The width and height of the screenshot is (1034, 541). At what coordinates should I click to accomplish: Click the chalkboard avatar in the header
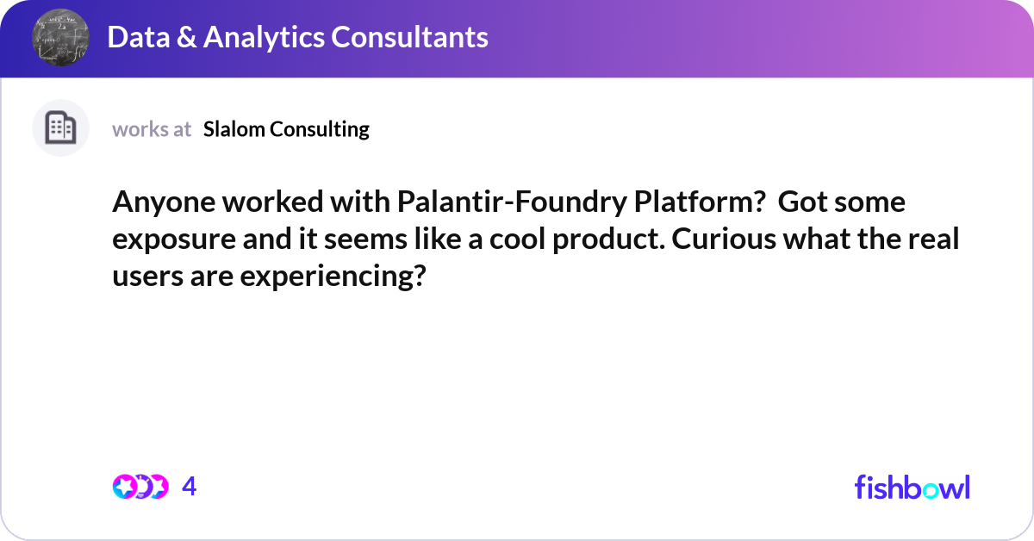[60, 37]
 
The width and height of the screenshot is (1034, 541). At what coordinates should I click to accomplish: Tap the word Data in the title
[139, 37]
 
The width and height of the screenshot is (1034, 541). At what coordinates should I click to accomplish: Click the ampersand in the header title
[186, 37]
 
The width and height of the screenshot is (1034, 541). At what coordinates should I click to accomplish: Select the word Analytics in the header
[264, 38]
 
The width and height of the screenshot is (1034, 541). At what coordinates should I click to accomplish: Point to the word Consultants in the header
[409, 37]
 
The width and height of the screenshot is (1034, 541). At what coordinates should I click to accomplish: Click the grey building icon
[60, 127]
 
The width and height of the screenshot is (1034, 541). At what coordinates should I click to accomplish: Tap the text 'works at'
[152, 129]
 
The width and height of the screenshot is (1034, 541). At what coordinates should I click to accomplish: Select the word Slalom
[234, 129]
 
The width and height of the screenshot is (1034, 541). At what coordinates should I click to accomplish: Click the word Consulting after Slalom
[320, 130]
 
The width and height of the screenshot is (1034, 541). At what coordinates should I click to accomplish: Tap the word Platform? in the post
[700, 202]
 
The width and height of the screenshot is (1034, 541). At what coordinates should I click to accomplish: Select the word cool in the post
[518, 239]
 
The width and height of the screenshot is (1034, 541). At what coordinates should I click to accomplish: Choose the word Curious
[724, 239]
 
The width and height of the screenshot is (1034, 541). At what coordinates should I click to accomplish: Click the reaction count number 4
[190, 487]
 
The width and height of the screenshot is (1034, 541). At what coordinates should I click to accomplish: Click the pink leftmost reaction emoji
[125, 487]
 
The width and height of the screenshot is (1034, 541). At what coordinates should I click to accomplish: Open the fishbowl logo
[913, 487]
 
